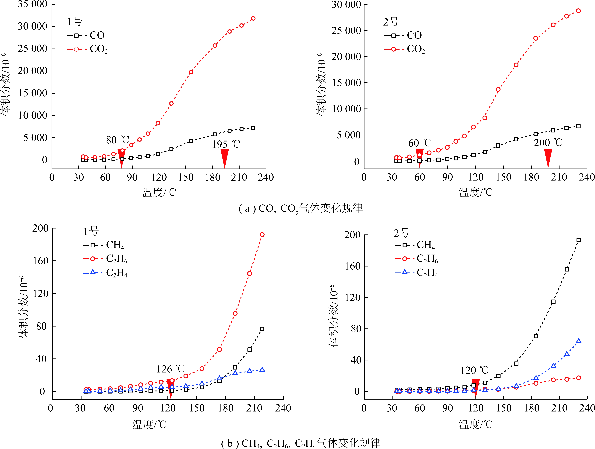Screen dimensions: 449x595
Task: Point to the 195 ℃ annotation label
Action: click(226, 144)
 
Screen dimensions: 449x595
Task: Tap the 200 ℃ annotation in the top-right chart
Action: click(548, 142)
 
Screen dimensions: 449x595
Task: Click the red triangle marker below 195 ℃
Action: click(225, 158)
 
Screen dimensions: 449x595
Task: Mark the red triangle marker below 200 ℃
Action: click(548, 158)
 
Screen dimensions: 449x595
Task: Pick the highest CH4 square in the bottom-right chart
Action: click(579, 240)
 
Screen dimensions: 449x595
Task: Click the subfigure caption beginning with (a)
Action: click(300, 208)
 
